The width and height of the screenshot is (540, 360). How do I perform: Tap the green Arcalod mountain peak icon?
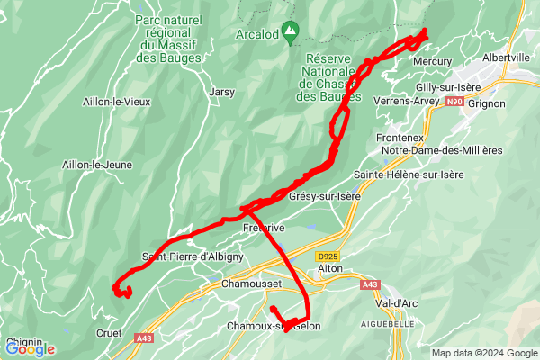[290, 34]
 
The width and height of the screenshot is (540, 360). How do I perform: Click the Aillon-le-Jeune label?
[97, 165]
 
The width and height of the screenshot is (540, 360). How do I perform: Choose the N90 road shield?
[454, 103]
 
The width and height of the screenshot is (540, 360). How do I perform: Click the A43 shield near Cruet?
[143, 337]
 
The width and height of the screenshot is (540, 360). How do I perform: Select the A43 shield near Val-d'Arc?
[371, 284]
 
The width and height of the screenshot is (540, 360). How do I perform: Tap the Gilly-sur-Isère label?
[449, 87]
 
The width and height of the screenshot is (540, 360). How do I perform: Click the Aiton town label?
[333, 269]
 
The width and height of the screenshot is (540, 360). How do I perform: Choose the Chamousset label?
[252, 283]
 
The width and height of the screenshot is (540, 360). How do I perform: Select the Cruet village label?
[108, 332]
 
